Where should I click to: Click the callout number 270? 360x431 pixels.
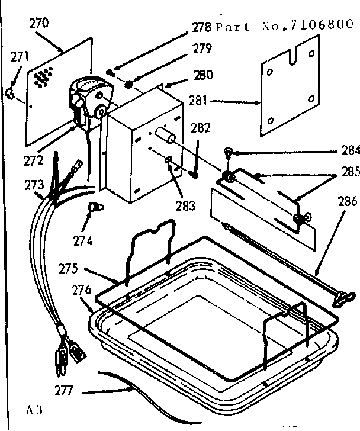(39, 24)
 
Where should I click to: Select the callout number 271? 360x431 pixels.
(20, 57)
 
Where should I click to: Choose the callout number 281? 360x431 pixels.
(198, 101)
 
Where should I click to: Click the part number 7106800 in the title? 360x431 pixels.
(320, 26)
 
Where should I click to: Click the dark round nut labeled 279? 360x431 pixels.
(128, 85)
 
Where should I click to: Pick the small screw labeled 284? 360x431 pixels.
(228, 153)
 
